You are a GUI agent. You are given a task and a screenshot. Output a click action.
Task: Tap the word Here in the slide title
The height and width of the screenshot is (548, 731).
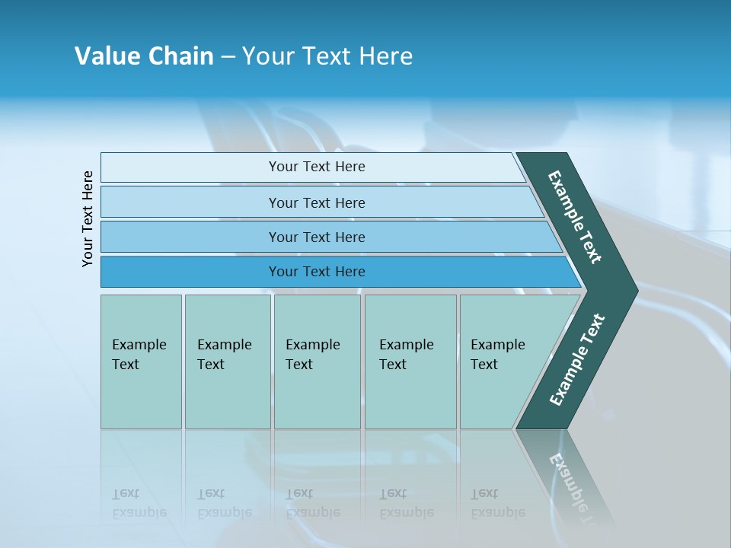pos(385,56)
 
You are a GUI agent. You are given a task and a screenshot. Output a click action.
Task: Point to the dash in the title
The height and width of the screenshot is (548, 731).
pos(228,57)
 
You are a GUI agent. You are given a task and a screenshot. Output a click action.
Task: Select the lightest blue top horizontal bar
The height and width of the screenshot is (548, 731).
pos(316,167)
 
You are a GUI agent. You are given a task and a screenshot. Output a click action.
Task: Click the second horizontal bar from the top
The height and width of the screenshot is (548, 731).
pos(316,202)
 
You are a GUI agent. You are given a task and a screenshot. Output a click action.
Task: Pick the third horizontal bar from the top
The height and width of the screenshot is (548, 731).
pos(316,237)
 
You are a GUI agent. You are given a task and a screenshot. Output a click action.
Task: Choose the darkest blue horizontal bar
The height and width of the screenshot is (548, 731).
pos(316,272)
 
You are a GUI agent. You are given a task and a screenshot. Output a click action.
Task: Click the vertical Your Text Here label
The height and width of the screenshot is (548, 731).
pos(88,218)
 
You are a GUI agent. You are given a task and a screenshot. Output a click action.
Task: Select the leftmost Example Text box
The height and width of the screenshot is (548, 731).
pos(141,362)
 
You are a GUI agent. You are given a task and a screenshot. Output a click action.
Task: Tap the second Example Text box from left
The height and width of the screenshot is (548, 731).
pos(227,362)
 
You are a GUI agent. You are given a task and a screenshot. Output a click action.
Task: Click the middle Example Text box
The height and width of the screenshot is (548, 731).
pos(317,362)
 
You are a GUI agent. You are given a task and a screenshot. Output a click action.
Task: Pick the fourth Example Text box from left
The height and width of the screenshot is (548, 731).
pos(410,362)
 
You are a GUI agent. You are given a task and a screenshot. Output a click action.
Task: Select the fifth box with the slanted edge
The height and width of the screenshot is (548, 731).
pos(503,362)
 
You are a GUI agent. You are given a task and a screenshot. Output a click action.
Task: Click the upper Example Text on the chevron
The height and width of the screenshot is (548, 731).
pos(575,217)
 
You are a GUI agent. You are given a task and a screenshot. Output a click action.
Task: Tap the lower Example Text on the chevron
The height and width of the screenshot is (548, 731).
pos(577,360)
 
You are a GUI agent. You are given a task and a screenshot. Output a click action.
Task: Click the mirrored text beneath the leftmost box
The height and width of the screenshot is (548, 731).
pos(139,503)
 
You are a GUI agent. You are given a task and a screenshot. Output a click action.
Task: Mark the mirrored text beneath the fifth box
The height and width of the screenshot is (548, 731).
pos(497,503)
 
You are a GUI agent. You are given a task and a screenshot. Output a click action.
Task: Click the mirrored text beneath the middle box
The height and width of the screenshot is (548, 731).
pos(312,503)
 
